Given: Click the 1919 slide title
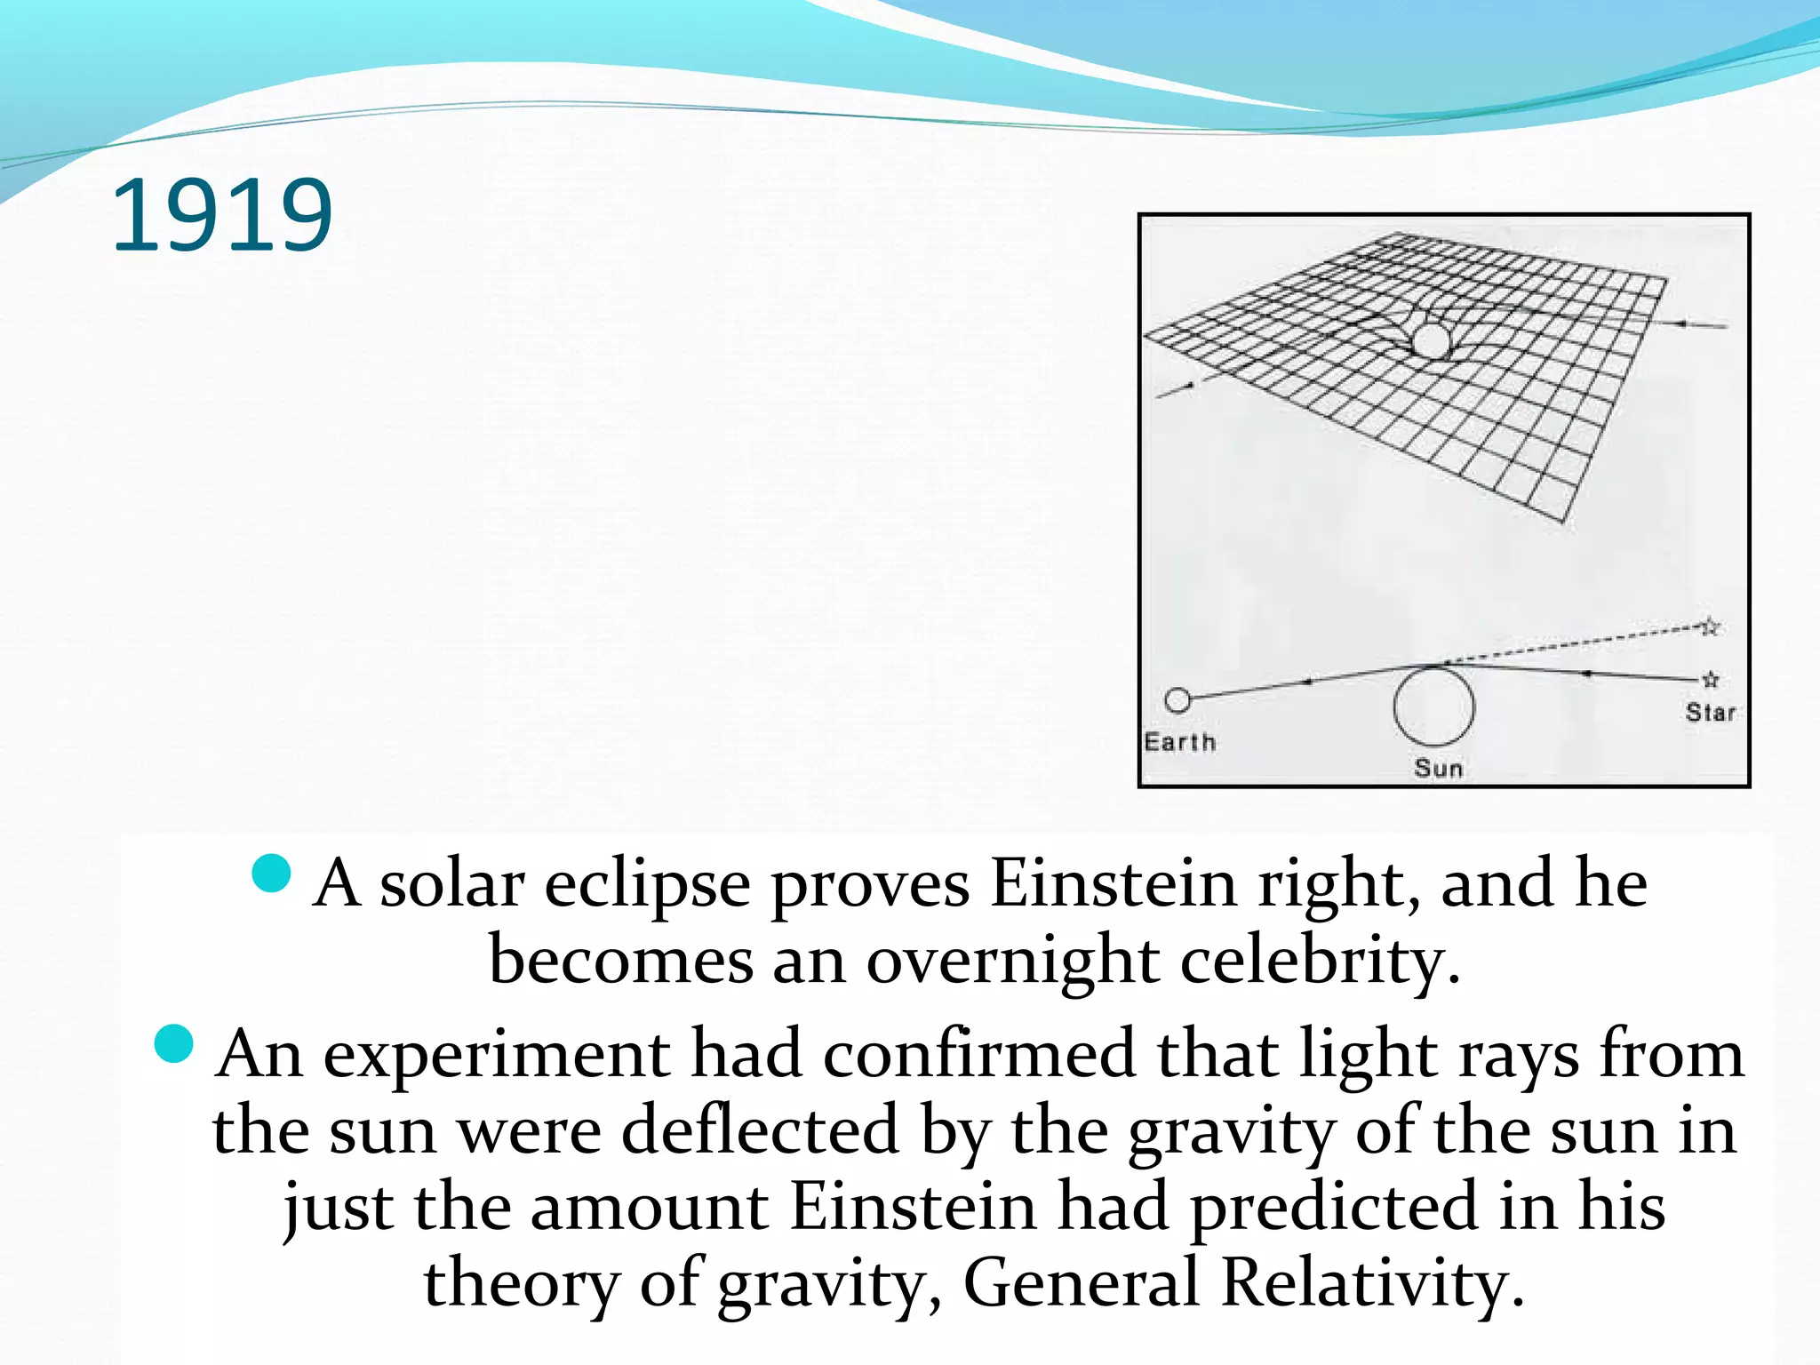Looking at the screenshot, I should (x=221, y=216).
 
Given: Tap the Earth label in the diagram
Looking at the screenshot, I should (x=1179, y=742).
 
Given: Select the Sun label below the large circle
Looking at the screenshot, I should (x=1438, y=768).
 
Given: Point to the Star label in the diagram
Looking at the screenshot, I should (x=1710, y=713).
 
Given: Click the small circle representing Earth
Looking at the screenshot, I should (x=1177, y=700).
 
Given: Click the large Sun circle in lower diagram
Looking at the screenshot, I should (x=1433, y=706).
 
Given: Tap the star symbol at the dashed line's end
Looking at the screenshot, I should (x=1711, y=627).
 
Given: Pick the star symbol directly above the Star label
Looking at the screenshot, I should (x=1711, y=680).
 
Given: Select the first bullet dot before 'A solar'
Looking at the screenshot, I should (x=272, y=873).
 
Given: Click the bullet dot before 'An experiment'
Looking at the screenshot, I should (x=173, y=1043).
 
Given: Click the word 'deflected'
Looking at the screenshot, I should (x=760, y=1131).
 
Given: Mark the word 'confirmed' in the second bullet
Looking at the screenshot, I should (x=978, y=1055).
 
